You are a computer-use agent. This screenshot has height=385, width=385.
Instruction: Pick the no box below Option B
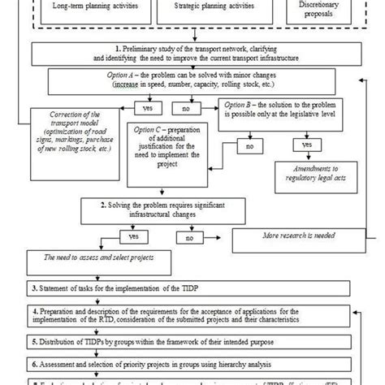[249, 146]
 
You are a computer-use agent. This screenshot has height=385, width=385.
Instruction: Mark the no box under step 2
[188, 238]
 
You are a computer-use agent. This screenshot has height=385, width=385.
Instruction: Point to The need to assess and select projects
[109, 265]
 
